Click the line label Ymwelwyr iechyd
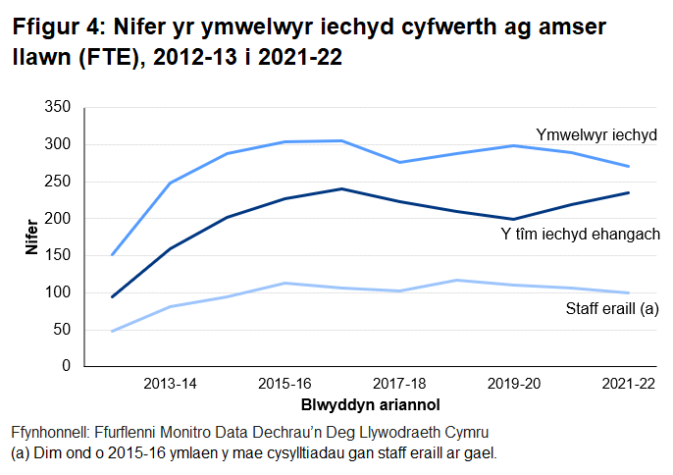pos(595,133)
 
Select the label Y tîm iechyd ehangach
pos(580,235)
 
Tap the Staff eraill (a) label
pos(611,308)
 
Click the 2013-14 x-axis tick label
pos(170,384)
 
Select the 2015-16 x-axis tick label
pos(284,384)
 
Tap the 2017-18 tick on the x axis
pos(397,384)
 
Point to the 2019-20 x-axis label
pos(512,384)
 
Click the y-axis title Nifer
pos(31,237)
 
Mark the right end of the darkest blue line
pos(628,192)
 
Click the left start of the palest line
pos(113,331)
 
